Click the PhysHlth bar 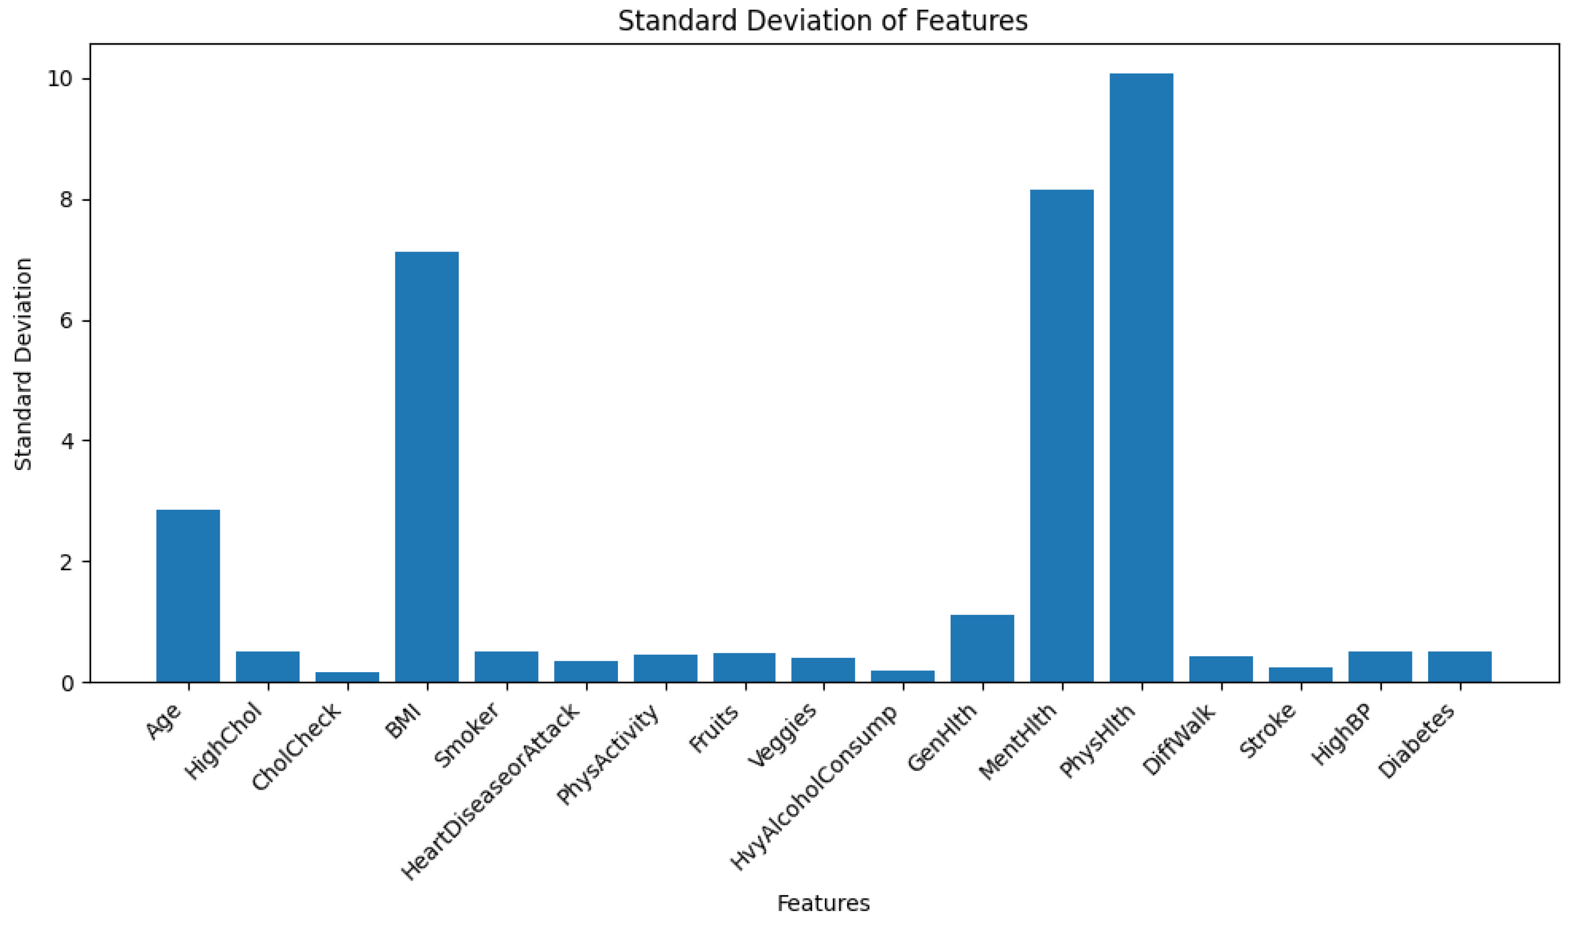[x=1141, y=375]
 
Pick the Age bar [x=188, y=595]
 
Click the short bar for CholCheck [x=347, y=677]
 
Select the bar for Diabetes [x=1460, y=666]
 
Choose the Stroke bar [x=1300, y=675]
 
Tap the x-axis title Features [x=823, y=903]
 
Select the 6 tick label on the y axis [x=66, y=320]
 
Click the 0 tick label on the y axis [x=66, y=683]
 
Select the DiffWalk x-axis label [x=1178, y=739]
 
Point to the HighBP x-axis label [x=1341, y=734]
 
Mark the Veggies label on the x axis [x=783, y=734]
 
